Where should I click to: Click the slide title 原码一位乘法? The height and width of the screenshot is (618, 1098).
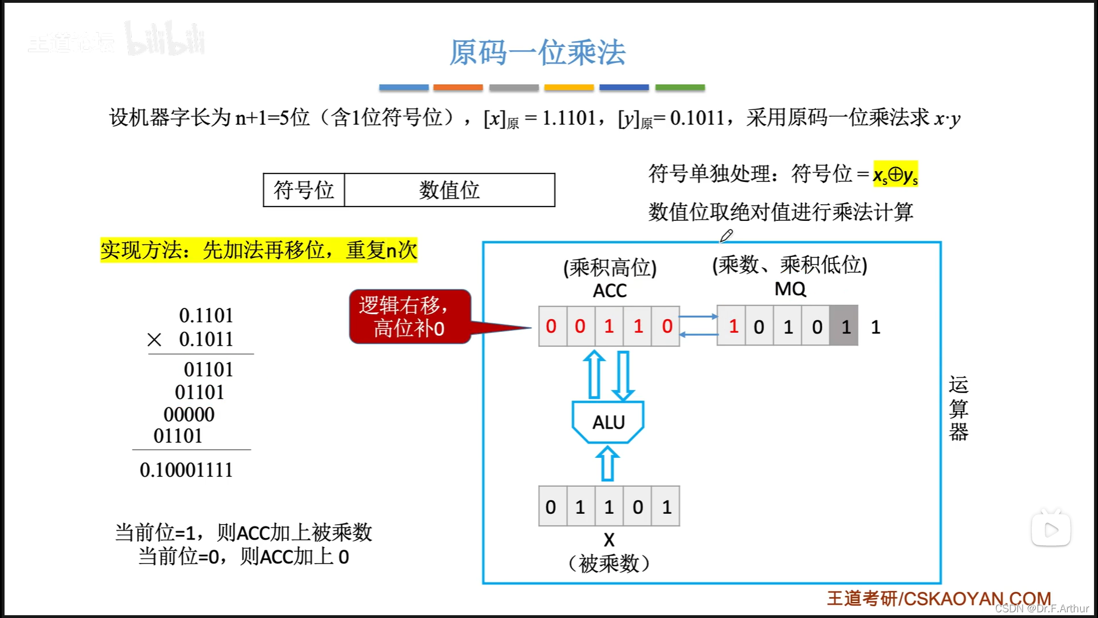click(537, 53)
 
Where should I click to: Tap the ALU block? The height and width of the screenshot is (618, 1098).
click(608, 422)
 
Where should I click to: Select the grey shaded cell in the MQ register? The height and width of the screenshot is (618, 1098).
click(845, 326)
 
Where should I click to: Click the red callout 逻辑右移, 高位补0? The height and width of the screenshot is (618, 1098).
click(409, 316)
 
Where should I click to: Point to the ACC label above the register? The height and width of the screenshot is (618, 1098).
click(610, 291)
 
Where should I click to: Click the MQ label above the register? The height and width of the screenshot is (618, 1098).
click(790, 289)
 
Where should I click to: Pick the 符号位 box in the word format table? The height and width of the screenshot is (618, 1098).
click(304, 190)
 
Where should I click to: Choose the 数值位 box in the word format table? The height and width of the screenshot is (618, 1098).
click(449, 190)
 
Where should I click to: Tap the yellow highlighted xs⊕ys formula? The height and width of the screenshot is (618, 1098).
click(895, 174)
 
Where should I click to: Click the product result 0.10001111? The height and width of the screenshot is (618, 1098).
click(186, 470)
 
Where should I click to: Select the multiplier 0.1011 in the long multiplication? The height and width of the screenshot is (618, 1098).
click(206, 339)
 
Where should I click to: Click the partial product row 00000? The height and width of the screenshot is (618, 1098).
click(189, 414)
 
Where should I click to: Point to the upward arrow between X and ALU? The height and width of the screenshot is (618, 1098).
click(607, 463)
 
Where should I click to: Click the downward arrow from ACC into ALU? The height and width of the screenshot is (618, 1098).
click(623, 375)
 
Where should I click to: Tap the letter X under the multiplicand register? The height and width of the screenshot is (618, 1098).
click(609, 540)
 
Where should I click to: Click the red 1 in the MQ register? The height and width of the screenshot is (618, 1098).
click(733, 326)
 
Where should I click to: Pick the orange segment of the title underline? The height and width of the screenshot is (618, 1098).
click(458, 88)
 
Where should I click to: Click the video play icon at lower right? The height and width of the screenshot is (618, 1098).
click(1051, 530)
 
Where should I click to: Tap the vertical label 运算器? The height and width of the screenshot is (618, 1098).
click(958, 408)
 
